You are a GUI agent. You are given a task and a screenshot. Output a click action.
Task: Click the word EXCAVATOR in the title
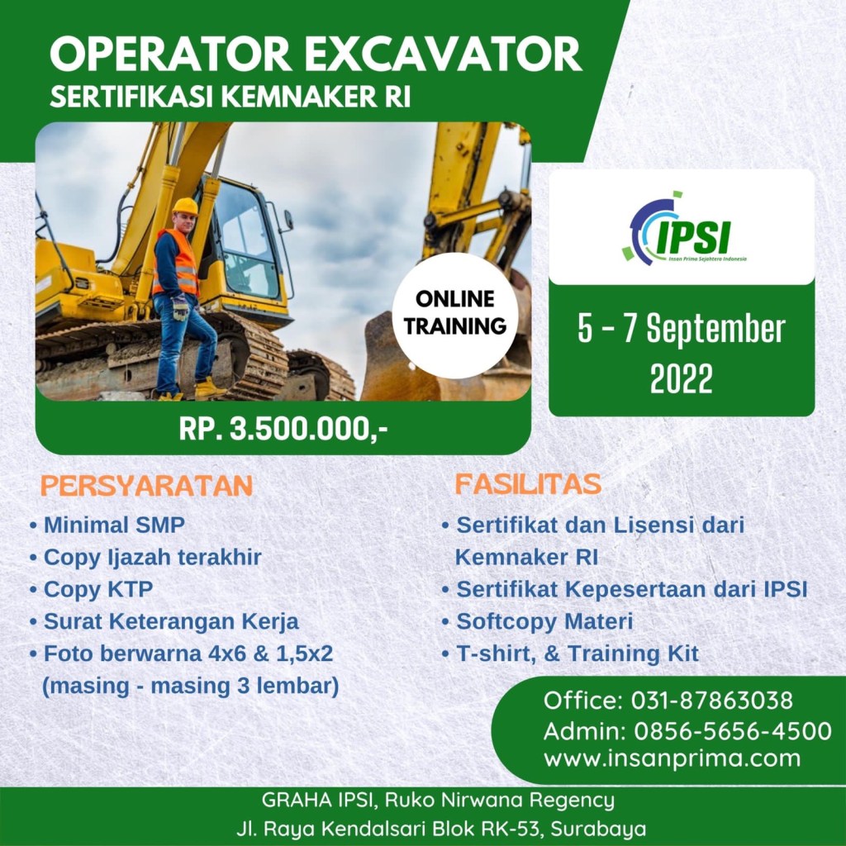coord(447,55)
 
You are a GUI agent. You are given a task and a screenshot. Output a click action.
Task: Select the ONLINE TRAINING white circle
coord(455,315)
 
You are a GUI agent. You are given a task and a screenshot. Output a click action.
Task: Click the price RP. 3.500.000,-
coord(283,430)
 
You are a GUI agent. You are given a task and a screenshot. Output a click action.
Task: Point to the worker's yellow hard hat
coord(186,207)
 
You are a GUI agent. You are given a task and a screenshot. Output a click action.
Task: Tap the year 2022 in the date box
coord(681,378)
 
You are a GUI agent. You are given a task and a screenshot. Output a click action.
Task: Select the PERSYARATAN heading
coord(147,486)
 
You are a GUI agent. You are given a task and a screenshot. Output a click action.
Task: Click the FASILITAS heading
coord(528,484)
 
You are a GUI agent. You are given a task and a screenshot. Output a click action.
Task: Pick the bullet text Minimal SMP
coord(114,525)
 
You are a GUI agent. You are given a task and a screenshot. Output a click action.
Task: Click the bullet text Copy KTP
coord(98,589)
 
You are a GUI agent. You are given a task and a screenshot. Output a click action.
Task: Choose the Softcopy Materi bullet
coord(544,621)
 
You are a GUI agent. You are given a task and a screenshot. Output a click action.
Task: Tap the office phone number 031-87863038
coord(712,701)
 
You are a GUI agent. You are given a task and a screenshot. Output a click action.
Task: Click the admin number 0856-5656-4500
coord(733,731)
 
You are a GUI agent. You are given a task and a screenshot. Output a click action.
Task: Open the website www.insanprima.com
coord(673,758)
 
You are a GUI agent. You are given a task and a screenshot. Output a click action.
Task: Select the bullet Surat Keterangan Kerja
coord(171,621)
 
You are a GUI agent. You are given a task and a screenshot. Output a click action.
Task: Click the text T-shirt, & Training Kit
coord(577,654)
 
